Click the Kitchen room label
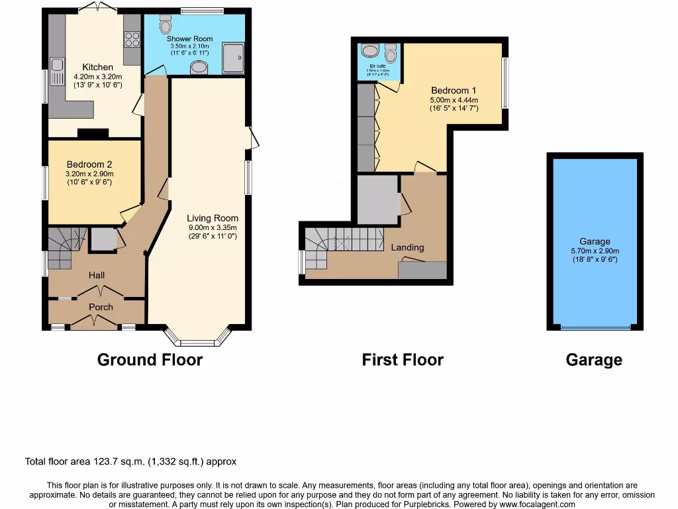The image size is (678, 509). pos(97,67)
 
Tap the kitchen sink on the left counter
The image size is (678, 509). pos(57,66)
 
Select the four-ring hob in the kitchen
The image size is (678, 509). pos(131,39)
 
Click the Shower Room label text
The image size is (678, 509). pos(189,39)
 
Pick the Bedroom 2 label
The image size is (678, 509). pos(89,164)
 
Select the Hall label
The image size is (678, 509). pos(97,275)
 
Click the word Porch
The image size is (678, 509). pos(101,307)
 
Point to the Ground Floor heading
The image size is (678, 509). pos(150,360)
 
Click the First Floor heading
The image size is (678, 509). pos(403,360)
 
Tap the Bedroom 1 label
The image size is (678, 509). pos(454,90)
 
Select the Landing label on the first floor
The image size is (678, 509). pos(407,247)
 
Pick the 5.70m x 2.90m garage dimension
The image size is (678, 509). pos(594,251)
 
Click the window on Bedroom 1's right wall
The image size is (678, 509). pos(505,83)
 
